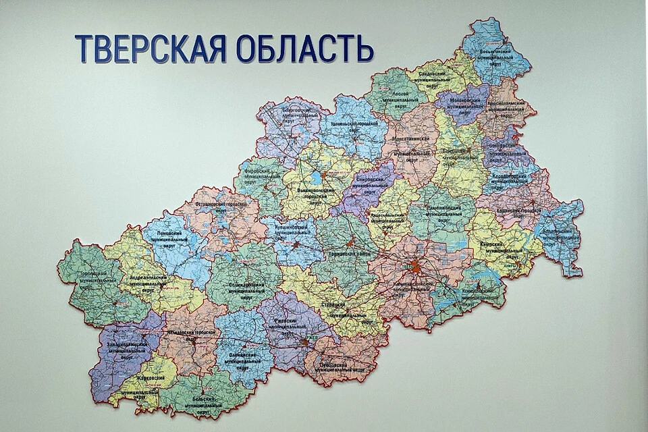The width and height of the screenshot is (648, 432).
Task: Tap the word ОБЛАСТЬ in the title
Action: click(x=304, y=49)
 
